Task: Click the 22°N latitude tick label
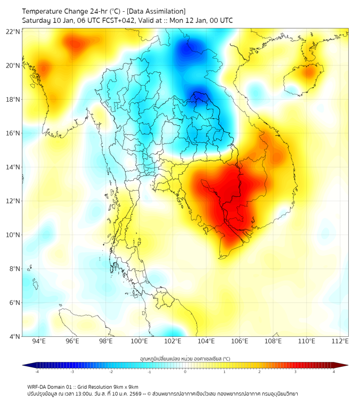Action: [13, 31]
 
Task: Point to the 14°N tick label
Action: [13, 167]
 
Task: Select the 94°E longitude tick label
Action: [39, 342]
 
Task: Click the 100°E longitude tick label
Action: [139, 342]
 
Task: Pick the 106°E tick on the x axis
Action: [240, 342]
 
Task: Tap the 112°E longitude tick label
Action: [340, 342]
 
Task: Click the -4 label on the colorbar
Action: [37, 372]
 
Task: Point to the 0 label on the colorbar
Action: [185, 372]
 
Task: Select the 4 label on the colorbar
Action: [333, 372]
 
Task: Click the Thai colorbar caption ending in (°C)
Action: [185, 358]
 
